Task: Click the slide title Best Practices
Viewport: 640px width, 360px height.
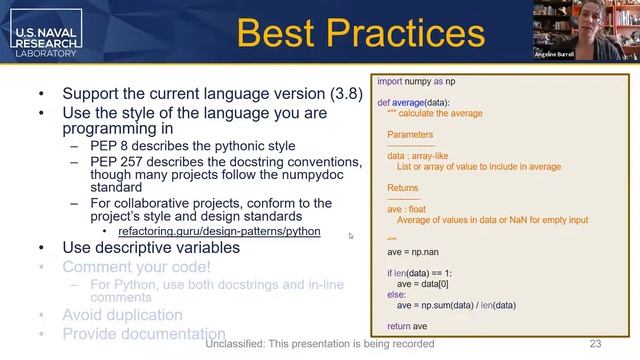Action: (x=360, y=34)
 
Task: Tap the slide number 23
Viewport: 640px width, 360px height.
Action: (x=595, y=344)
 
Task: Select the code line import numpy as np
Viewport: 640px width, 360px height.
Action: (x=417, y=81)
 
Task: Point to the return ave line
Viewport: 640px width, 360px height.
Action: (x=407, y=326)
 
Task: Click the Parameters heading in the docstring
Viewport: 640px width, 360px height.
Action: (x=410, y=134)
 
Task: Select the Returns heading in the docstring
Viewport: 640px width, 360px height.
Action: (x=403, y=188)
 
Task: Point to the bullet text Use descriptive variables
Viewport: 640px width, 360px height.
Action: (x=151, y=248)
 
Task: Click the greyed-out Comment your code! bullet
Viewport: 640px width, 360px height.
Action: (x=136, y=267)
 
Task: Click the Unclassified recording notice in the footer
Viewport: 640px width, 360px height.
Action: (x=320, y=344)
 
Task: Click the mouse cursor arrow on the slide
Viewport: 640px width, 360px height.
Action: (x=351, y=236)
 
